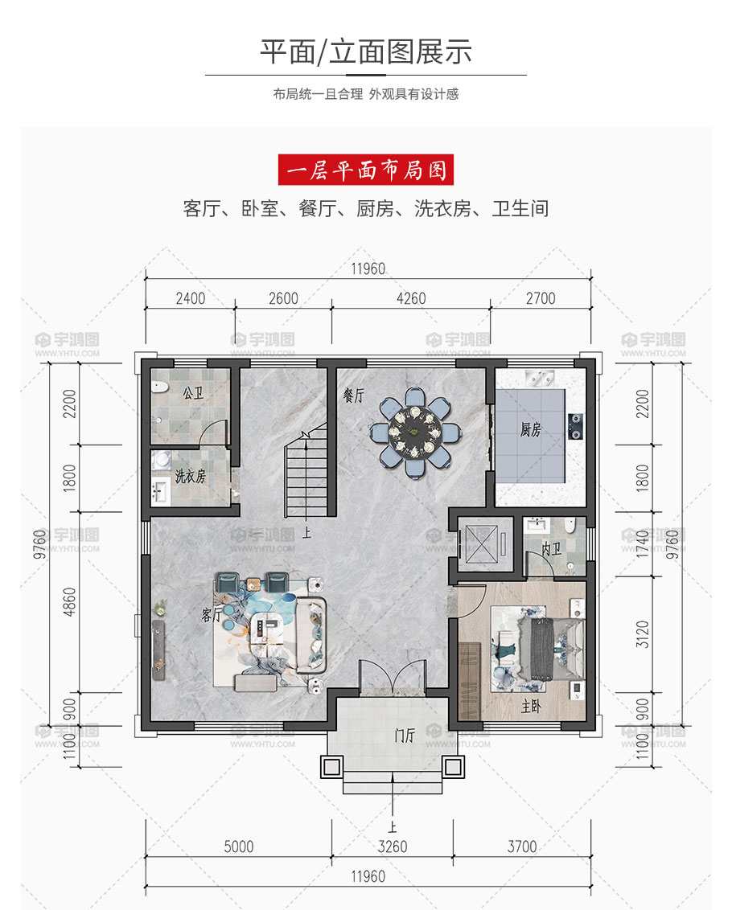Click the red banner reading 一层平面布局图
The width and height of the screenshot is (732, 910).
click(365, 170)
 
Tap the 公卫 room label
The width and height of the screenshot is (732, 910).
click(193, 393)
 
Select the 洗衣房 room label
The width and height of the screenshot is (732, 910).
click(191, 477)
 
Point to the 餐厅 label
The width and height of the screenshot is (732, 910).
click(354, 396)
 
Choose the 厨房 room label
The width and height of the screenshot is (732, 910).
click(530, 429)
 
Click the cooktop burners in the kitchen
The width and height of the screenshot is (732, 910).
click(575, 427)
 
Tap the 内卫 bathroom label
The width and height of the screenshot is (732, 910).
click(551, 548)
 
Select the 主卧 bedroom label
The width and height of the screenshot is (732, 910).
click(531, 706)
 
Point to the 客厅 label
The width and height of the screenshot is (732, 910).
click(212, 615)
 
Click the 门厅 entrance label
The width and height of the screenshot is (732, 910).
click(405, 736)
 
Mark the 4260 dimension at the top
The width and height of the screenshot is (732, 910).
click(411, 298)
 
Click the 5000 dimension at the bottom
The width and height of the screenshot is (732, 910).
click(239, 846)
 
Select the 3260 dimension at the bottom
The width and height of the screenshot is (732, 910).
click(393, 846)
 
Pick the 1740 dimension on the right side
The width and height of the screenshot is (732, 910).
click(642, 543)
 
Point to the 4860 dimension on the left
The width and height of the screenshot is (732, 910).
click(69, 602)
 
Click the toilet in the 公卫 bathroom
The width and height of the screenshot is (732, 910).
click(159, 387)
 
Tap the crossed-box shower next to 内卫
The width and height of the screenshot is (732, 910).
click(482, 543)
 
